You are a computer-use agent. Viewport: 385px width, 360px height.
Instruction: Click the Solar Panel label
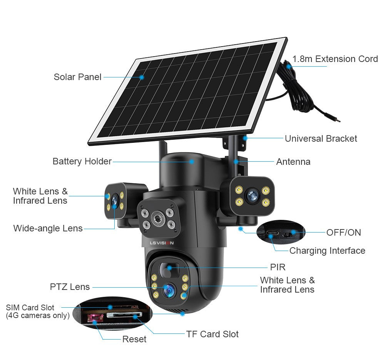point(77,77)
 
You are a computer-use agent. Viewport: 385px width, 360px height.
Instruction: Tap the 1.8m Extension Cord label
point(335,59)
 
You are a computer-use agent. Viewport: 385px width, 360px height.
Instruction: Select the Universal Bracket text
point(321,139)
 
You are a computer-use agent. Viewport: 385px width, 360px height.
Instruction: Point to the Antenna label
point(293,162)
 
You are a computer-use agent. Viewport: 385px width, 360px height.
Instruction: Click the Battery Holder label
point(82,161)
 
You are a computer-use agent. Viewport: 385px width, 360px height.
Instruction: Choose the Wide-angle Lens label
point(48,228)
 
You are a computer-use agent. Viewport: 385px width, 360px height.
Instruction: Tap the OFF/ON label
point(343,232)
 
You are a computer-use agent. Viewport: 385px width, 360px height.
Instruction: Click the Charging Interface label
point(327,251)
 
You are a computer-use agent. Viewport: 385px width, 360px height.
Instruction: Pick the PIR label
point(278,267)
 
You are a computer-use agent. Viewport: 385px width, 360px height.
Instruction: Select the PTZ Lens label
point(70,287)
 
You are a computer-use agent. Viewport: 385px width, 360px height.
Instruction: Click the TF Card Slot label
point(212,334)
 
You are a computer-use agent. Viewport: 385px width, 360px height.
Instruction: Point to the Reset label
point(134,339)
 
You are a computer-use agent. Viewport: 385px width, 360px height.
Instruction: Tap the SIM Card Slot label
point(30,308)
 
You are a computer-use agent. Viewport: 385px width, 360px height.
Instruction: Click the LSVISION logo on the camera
point(162,243)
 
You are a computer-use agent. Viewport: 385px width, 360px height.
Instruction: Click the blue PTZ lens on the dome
point(168,290)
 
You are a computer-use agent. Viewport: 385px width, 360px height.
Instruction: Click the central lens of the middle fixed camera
point(157,219)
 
